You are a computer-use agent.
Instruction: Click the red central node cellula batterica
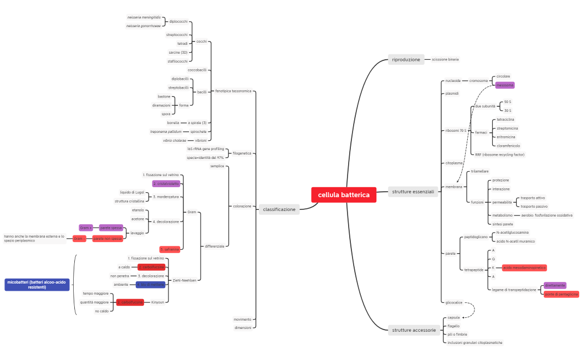tap(344, 195)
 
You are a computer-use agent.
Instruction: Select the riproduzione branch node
tap(406, 59)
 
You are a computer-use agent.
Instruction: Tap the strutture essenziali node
tap(413, 192)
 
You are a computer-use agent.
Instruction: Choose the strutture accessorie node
tap(413, 330)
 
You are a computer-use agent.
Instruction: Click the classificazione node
tap(279, 209)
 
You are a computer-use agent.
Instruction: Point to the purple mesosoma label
tap(504, 85)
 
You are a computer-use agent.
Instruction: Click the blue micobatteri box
tap(37, 285)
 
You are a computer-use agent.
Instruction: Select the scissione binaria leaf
tap(445, 59)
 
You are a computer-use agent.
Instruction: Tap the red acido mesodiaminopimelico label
tap(524, 268)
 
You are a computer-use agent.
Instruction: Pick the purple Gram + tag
tap(86, 228)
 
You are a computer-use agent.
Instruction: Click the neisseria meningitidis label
tap(144, 17)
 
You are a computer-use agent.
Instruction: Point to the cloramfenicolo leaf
tap(508, 146)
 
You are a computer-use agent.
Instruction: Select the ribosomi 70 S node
tap(456, 131)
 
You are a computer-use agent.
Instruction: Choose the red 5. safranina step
tap(170, 249)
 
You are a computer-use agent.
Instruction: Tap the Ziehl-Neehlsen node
tap(184, 280)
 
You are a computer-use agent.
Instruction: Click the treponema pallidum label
tap(166, 131)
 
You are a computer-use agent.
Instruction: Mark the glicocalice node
tap(453, 302)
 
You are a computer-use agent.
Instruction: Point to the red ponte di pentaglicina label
tap(561, 294)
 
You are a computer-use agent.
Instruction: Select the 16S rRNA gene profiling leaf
tap(206, 149)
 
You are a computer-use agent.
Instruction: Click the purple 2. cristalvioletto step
tap(166, 183)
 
